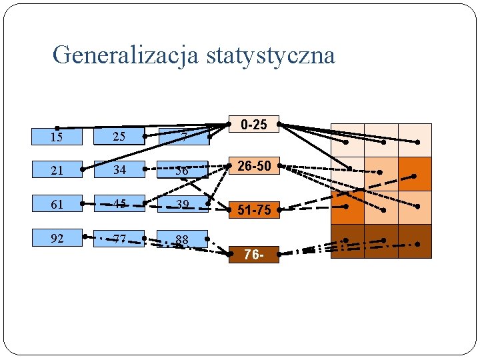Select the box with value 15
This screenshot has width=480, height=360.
click(x=57, y=137)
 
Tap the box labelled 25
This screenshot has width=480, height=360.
click(x=119, y=137)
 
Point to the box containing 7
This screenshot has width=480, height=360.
click(x=183, y=137)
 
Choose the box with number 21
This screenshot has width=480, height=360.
click(x=57, y=170)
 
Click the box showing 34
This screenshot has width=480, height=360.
click(x=119, y=170)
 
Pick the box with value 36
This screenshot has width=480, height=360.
click(x=183, y=170)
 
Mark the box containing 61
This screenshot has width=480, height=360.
click(x=57, y=204)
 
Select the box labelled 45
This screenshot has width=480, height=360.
click(x=119, y=204)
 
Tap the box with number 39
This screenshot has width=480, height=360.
click(x=183, y=204)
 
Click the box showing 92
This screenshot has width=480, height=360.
click(x=57, y=237)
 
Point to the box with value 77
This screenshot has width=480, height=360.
click(x=119, y=237)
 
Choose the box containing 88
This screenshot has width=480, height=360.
click(x=183, y=239)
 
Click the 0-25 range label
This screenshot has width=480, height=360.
click(x=254, y=125)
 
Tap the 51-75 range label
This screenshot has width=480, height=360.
click(x=254, y=210)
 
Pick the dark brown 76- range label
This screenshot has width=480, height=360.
click(x=254, y=255)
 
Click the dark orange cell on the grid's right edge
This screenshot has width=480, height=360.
click(x=415, y=174)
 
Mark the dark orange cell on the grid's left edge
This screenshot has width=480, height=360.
click(x=348, y=208)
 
